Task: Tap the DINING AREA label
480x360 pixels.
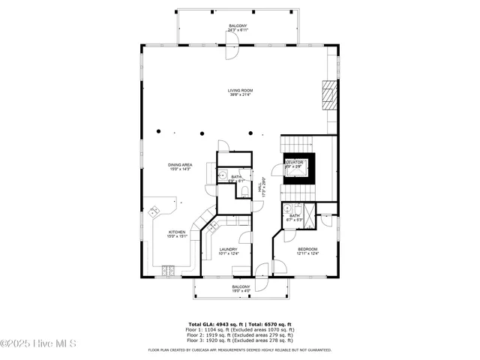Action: pyautogui.click(x=180, y=166)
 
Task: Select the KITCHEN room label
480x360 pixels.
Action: pyautogui.click(x=177, y=234)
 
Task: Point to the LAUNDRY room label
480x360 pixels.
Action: pyautogui.click(x=229, y=251)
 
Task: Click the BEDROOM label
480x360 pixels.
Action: pyautogui.click(x=307, y=251)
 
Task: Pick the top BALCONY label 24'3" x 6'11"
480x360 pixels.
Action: pyautogui.click(x=238, y=28)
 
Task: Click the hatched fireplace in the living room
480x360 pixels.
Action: pyautogui.click(x=327, y=94)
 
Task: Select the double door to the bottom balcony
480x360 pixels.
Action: pyautogui.click(x=261, y=277)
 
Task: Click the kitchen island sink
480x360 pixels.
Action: pyautogui.click(x=155, y=210)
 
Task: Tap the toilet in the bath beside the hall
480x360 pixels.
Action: pyautogui.click(x=245, y=193)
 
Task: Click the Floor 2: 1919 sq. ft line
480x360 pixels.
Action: pyautogui.click(x=240, y=335)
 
